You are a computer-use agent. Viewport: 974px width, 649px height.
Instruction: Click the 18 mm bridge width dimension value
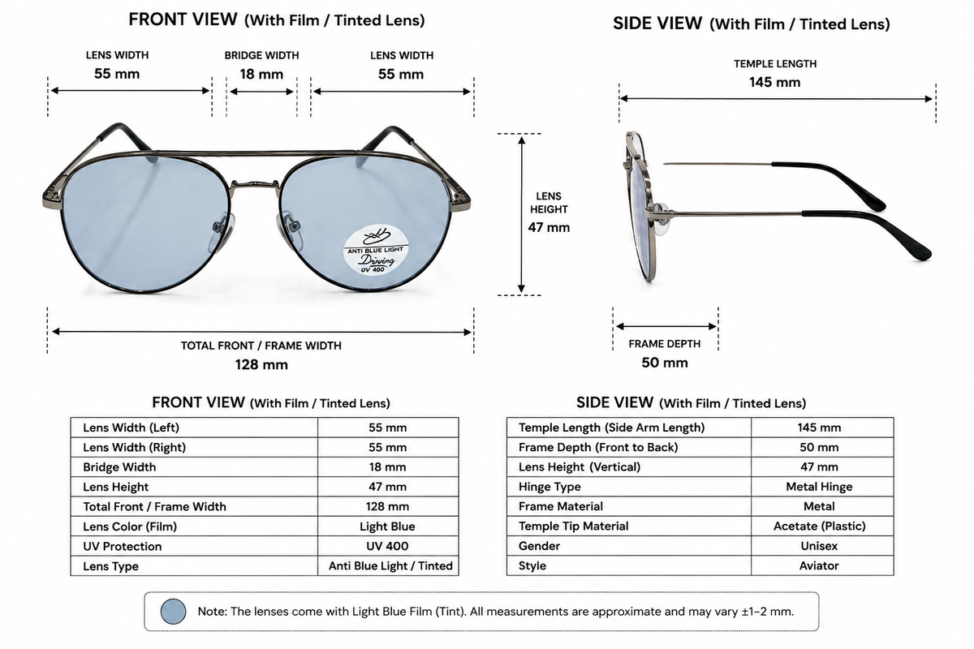point(261,74)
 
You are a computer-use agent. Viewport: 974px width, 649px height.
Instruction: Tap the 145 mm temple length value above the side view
point(774,82)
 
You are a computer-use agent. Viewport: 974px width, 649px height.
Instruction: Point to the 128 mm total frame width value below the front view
point(261,364)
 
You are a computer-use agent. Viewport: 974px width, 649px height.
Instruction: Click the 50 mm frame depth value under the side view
point(665,363)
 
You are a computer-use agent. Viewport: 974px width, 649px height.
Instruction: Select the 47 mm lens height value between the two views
point(549,227)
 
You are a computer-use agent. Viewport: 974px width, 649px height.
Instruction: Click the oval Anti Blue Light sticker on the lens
point(376,250)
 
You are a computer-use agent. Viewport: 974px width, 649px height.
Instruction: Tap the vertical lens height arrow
point(521,214)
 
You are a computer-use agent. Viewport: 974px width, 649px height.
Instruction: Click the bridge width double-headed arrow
point(261,92)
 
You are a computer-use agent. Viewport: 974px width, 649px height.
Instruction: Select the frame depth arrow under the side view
point(666,326)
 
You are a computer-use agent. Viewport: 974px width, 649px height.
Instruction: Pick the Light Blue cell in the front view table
point(387,527)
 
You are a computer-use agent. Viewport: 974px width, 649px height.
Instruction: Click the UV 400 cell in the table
point(387,546)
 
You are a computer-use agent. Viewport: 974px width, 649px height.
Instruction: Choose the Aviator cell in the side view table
point(819,565)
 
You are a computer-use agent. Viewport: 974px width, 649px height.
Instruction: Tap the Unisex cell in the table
point(819,545)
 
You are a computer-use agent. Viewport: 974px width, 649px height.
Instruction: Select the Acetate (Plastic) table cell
point(819,526)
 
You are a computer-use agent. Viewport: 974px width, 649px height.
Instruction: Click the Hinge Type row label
point(549,487)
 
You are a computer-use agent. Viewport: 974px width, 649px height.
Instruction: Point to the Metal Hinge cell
point(819,487)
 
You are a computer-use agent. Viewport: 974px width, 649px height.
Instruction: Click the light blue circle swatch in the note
point(173,611)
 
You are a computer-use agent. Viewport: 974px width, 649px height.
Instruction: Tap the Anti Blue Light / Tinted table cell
point(390,566)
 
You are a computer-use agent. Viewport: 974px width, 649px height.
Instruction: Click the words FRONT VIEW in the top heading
point(183,19)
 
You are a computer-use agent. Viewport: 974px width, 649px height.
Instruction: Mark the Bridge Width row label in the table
point(119,466)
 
